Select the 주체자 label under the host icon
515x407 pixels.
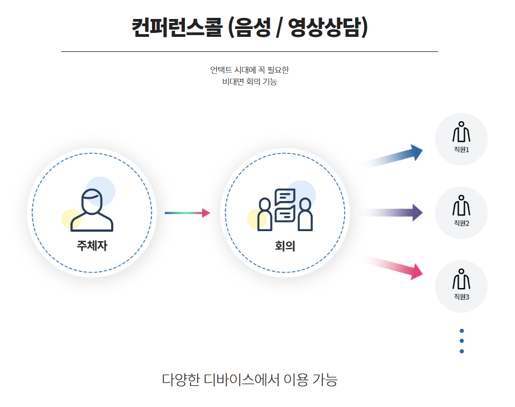pyautogui.click(x=92, y=245)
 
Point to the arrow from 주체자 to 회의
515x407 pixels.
pyautogui.click(x=187, y=213)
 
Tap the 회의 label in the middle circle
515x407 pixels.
pyautogui.click(x=285, y=245)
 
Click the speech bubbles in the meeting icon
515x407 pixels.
pyautogui.click(x=285, y=205)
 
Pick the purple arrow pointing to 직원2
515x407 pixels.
pyautogui.click(x=393, y=212)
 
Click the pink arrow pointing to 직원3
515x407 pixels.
pyautogui.click(x=394, y=266)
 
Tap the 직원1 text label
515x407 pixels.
pyautogui.click(x=461, y=150)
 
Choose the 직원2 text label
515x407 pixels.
pyautogui.click(x=461, y=223)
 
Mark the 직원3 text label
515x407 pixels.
pyautogui.click(x=461, y=296)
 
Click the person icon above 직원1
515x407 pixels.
pyautogui.click(x=461, y=132)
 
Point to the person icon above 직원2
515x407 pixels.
pyautogui.click(x=461, y=205)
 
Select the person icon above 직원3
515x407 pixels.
pyautogui.click(x=461, y=279)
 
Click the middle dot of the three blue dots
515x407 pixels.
pyautogui.click(x=461, y=341)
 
